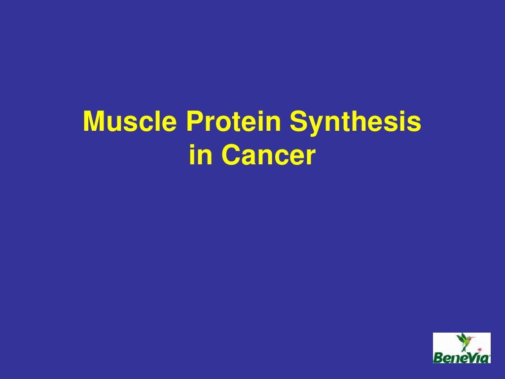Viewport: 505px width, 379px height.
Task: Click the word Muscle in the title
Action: [130, 122]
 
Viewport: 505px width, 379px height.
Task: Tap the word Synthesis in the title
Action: [355, 122]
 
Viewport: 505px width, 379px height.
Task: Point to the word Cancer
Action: [268, 155]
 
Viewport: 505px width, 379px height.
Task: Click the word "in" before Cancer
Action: [200, 155]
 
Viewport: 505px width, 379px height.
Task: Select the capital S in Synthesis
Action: [297, 122]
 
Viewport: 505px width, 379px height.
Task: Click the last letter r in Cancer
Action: [310, 157]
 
